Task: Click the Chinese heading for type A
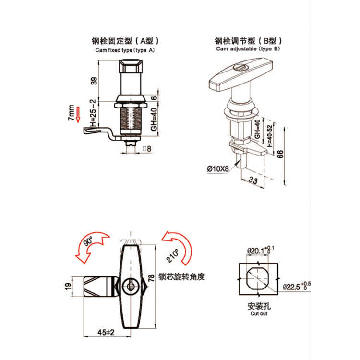(x=125, y=41)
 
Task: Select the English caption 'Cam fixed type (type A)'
(x=125, y=50)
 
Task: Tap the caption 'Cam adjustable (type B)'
(x=248, y=48)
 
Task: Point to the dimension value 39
(x=94, y=81)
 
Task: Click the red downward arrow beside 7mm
(x=78, y=114)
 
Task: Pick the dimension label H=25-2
(x=93, y=113)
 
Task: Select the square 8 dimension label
(x=147, y=149)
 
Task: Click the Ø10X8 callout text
(x=218, y=169)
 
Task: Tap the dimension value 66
(x=280, y=154)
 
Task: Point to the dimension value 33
(x=253, y=180)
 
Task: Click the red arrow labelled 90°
(x=91, y=246)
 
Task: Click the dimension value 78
(x=151, y=278)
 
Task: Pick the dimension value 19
(x=68, y=286)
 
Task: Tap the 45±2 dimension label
(x=106, y=332)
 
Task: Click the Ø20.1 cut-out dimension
(x=261, y=250)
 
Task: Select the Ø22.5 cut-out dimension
(x=297, y=286)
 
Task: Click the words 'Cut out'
(x=259, y=313)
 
